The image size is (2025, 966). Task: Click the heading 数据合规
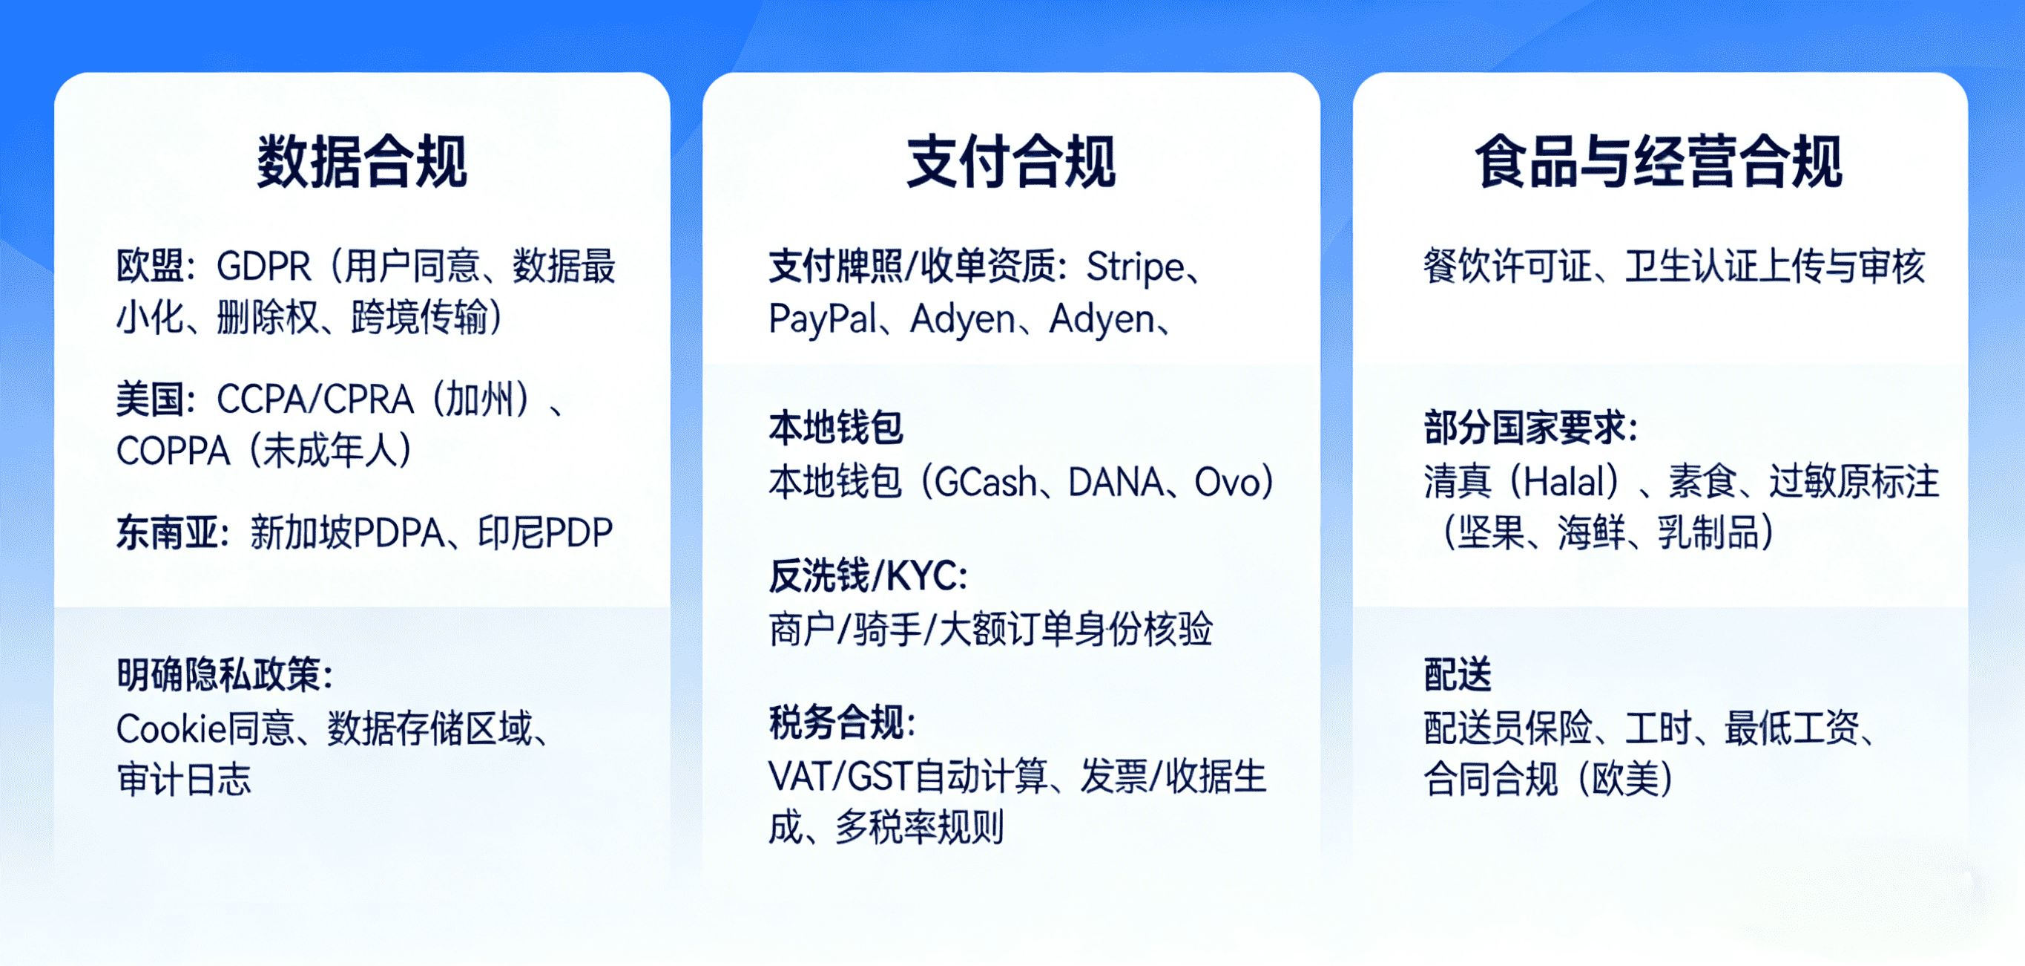pos(363,162)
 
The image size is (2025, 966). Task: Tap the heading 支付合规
pos(1011,162)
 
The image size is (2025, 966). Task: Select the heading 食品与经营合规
pos(1659,162)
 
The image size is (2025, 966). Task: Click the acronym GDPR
pos(264,267)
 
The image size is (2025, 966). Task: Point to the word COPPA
pos(173,451)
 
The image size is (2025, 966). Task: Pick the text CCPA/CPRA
pos(315,399)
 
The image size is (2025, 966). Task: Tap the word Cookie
pos(171,728)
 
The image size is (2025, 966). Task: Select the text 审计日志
pos(184,780)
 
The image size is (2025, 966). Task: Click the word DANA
pos(1116,481)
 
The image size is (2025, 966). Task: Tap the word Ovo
pos(1226,481)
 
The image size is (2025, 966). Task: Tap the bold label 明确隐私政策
pos(225,674)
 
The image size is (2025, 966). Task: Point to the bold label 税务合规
pos(842,723)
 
